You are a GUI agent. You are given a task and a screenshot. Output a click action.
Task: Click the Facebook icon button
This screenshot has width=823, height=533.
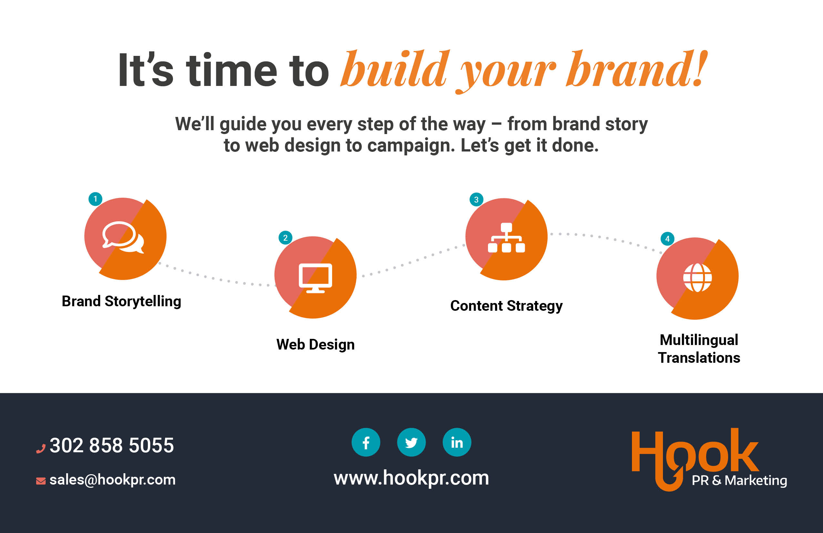[366, 442]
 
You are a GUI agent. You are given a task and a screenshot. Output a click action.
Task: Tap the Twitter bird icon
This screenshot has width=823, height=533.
[411, 442]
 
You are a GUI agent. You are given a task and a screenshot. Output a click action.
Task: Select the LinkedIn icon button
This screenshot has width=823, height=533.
[457, 442]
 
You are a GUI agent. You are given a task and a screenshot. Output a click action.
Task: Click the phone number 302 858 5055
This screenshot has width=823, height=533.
[112, 445]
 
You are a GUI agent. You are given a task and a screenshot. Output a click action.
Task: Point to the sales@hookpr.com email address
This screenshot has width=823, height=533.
[112, 480]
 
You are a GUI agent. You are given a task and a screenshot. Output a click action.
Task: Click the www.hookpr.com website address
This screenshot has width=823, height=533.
[411, 478]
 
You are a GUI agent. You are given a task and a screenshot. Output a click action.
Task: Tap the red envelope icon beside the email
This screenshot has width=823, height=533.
[41, 481]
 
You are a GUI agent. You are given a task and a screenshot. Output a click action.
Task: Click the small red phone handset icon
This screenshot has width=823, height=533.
[41, 449]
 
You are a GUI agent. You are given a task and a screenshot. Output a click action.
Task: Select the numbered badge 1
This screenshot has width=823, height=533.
[95, 199]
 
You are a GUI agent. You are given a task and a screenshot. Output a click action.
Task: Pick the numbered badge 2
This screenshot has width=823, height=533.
[285, 238]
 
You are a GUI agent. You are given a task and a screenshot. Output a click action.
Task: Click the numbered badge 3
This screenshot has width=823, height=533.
[476, 199]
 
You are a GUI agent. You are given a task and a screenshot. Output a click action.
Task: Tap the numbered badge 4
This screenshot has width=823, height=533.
[667, 238]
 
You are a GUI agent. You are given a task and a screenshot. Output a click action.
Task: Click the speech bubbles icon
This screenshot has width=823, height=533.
[123, 237]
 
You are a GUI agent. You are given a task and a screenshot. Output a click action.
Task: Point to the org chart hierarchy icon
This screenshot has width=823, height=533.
[506, 238]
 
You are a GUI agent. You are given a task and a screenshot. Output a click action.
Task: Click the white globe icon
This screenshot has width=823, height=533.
[697, 277]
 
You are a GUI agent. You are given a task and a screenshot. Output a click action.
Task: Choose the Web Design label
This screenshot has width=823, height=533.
[315, 345]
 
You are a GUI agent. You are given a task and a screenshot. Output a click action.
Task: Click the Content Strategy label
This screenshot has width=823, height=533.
[506, 306]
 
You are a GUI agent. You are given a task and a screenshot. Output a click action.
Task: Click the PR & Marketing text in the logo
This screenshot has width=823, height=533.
[739, 480]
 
